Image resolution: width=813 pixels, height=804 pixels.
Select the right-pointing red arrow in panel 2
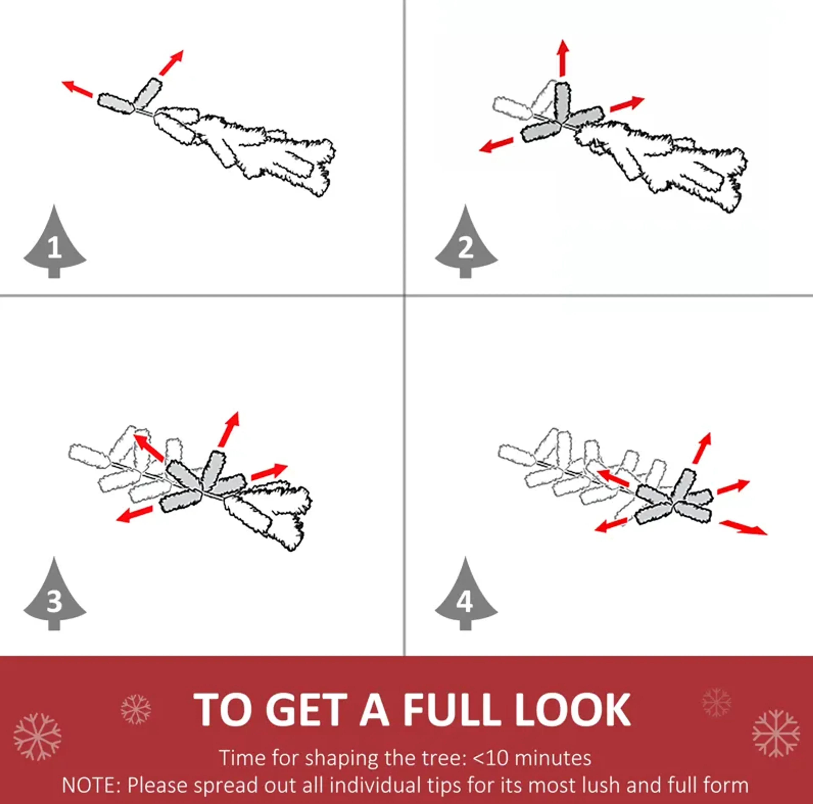point(627,104)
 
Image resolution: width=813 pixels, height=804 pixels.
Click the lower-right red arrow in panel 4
point(743,527)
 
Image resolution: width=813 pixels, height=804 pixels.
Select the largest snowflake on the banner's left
point(37,737)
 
